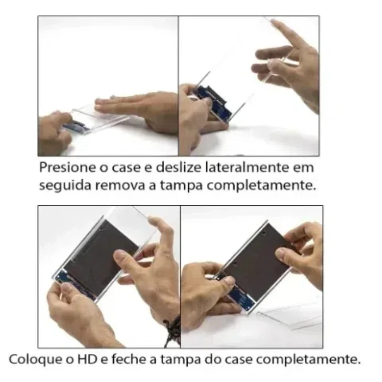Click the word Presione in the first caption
click(63, 169)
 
